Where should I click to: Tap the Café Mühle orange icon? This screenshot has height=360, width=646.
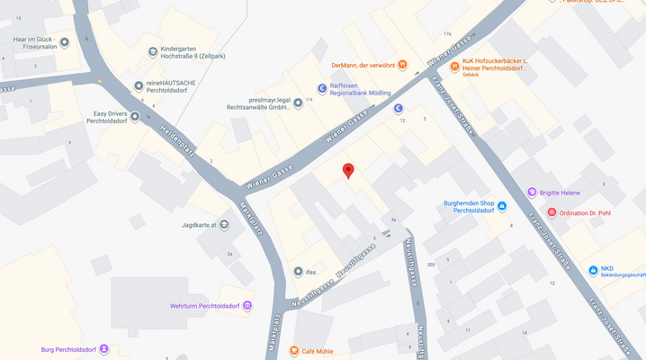tap(293, 351)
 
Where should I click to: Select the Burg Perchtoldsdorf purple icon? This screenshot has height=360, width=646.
tap(104, 349)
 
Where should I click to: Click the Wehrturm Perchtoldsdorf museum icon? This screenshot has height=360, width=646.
tap(247, 306)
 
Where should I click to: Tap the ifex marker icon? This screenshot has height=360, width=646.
tap(298, 271)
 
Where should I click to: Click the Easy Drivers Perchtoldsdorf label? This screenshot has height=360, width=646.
tap(100, 119)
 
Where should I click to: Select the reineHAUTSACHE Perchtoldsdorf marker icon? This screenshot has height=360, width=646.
tap(138, 85)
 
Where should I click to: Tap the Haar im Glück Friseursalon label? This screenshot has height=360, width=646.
tap(35, 43)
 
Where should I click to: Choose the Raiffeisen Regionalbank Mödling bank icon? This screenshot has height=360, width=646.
tap(321, 87)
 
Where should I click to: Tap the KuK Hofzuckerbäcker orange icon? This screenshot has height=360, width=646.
tap(454, 66)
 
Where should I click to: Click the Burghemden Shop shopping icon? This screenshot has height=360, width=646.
tap(502, 206)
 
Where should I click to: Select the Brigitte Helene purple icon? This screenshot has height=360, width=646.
tap(533, 193)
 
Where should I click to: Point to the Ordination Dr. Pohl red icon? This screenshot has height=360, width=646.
tap(552, 212)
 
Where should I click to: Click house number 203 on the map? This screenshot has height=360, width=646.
tap(431, 265)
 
